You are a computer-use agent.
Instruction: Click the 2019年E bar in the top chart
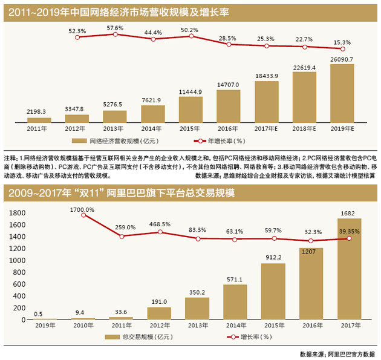point(342,93)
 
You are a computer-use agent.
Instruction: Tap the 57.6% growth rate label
point(115,28)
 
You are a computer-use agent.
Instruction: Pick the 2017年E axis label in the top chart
point(267,128)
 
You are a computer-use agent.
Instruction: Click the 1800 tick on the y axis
point(16,212)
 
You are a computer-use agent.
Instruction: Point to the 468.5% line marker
point(160,232)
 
